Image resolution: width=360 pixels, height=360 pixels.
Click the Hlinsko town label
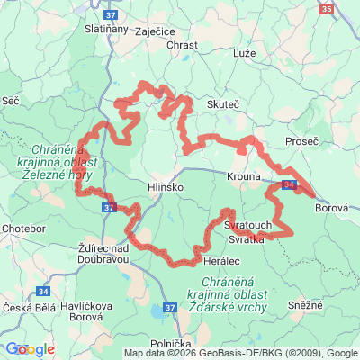[165, 187]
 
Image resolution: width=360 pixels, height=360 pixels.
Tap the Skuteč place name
[223, 105]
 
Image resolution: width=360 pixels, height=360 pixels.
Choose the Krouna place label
[245, 176]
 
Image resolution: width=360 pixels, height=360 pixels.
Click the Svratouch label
[242, 222]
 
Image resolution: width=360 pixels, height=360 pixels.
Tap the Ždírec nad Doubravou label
[104, 254]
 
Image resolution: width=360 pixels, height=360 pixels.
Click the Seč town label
[11, 102]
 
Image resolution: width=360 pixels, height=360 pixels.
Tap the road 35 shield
[326, 9]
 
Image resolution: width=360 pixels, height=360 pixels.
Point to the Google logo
[29, 349]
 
